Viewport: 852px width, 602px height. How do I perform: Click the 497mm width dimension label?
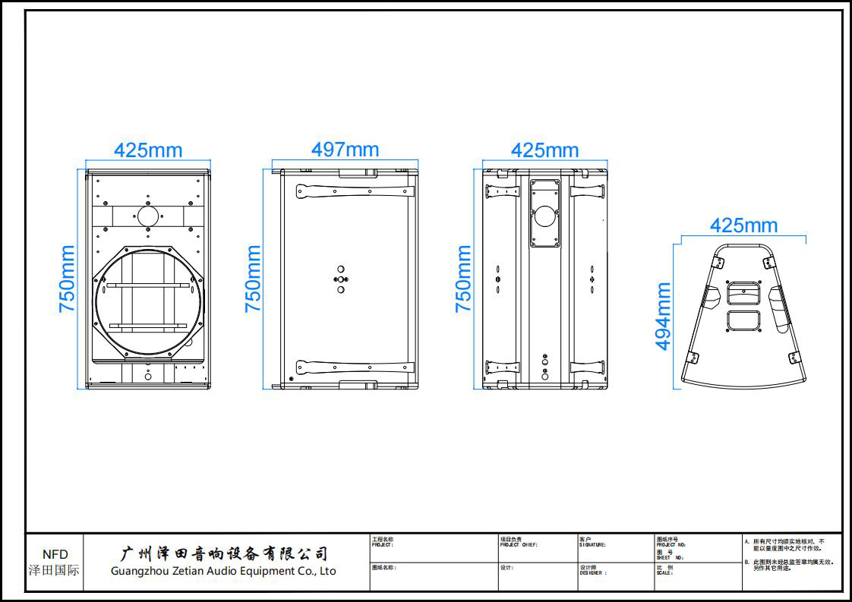point(345,150)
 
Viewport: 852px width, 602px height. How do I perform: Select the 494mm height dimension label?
point(664,316)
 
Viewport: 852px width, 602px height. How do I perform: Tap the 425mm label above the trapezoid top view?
point(743,225)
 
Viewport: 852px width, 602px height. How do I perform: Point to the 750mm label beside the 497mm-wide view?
point(253,279)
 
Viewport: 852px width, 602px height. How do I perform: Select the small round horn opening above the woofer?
point(148,216)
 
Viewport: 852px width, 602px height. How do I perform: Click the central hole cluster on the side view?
point(341,279)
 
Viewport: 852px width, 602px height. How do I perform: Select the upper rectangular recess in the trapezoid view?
point(743,293)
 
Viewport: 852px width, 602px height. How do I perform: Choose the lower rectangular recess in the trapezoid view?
point(743,320)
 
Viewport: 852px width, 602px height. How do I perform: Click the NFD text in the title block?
point(55,554)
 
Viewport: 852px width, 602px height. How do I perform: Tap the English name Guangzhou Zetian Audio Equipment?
point(223,571)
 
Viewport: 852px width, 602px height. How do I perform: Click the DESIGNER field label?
point(593,573)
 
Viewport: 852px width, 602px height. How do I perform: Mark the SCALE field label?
point(664,573)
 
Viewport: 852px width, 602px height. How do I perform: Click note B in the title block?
point(790,565)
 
